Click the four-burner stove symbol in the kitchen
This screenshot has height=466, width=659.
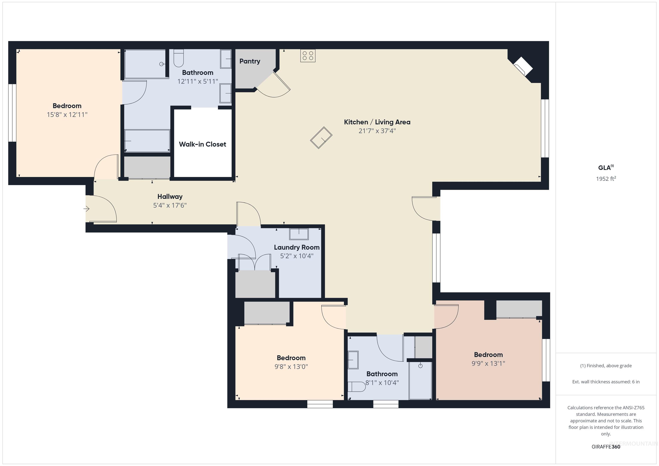[308, 56]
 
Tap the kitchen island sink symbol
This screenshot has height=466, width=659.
[321, 138]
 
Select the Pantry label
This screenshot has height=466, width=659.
[250, 61]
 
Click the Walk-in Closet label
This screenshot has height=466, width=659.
[202, 144]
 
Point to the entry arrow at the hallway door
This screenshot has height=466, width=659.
[86, 209]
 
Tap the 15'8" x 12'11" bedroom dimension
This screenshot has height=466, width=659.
[67, 115]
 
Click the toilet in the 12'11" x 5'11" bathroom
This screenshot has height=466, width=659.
[178, 59]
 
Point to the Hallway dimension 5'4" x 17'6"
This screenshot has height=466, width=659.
[170, 205]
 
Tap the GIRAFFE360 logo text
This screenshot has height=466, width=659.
[606, 446]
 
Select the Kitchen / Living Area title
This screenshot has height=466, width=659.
[377, 122]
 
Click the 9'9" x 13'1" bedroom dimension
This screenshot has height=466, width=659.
[488, 363]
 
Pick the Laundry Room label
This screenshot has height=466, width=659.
[296, 247]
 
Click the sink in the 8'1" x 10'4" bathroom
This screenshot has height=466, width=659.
[353, 360]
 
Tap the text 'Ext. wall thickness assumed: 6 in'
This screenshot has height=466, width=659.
[606, 382]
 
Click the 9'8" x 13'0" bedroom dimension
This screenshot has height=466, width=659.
[291, 367]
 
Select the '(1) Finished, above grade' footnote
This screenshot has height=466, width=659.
[606, 366]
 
